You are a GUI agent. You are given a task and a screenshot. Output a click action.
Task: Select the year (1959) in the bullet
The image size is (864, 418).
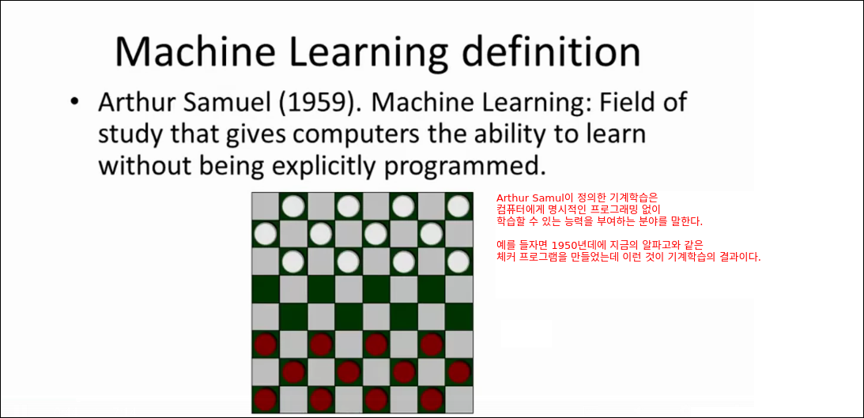pos(317,104)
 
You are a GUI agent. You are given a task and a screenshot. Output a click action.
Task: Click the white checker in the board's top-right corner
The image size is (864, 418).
pos(459,206)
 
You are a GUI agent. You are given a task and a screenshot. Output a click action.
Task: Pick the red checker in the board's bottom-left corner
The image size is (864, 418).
pos(266,399)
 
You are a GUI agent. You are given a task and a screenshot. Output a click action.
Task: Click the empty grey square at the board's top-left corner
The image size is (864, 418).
pos(266,206)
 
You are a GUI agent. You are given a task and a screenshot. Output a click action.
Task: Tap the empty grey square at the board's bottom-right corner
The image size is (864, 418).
pos(459,399)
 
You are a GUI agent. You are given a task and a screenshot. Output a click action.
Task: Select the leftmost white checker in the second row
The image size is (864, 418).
pos(266,234)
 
